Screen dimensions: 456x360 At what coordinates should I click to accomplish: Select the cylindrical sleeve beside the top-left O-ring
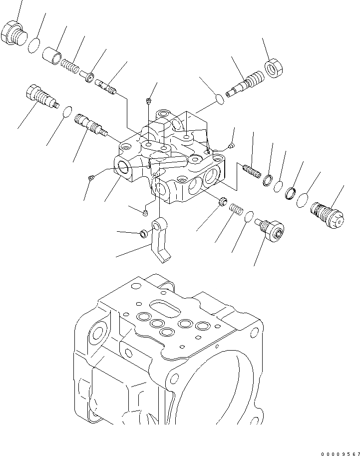pyautogui.click(x=52, y=54)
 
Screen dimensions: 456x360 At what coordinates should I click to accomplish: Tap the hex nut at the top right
pyautogui.click(x=274, y=68)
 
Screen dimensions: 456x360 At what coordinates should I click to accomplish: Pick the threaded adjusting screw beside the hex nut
pyautogui.click(x=247, y=83)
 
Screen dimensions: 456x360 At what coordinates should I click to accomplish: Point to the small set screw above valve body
pyautogui.click(x=148, y=101)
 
